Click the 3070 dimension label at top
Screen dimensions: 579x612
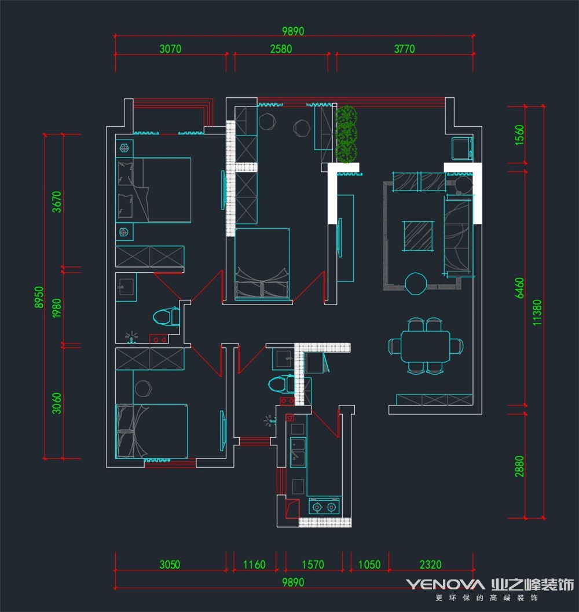pos(171,49)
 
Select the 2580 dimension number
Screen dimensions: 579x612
pos(281,49)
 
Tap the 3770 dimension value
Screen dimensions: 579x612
pos(405,49)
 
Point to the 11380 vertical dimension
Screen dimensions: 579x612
pos(537,313)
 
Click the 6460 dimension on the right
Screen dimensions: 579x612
pos(519,288)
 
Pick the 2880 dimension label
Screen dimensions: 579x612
pos(519,466)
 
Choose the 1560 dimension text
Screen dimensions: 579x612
pos(519,135)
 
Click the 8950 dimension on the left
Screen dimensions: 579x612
pos(39,297)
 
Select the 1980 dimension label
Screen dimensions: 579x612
pos(57,308)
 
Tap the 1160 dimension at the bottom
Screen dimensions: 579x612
pos(254,565)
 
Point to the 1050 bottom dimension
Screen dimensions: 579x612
pos(369,565)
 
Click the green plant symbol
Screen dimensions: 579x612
pos(346,134)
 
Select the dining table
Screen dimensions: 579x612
pos(425,346)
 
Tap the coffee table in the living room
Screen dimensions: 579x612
pos(418,236)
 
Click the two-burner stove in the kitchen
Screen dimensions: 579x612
pos(324,506)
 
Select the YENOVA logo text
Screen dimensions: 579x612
pos(445,584)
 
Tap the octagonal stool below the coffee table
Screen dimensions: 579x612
pos(416,283)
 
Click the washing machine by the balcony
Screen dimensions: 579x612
pos(462,148)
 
